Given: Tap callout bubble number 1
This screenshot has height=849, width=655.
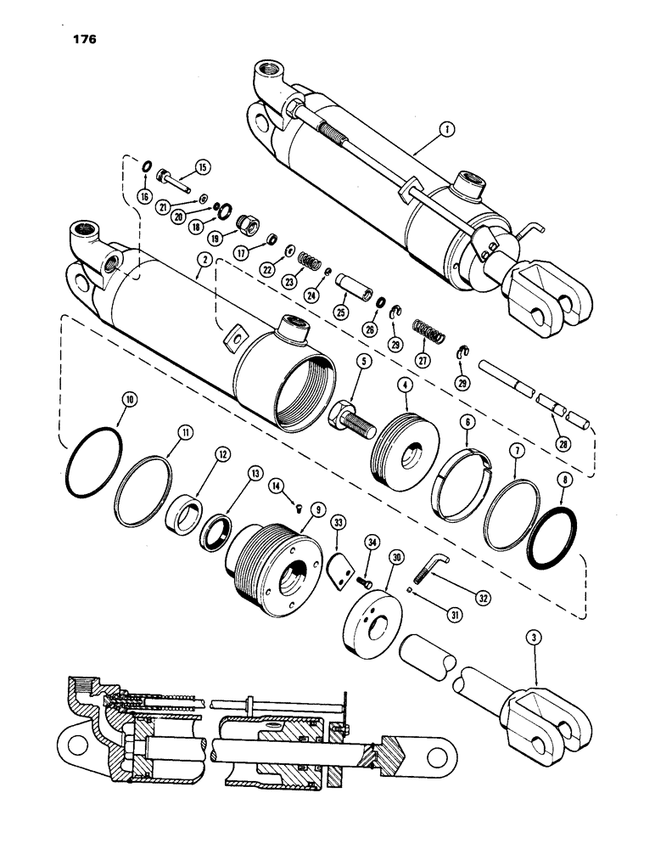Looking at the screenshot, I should [449, 130].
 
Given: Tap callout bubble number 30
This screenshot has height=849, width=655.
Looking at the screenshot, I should [395, 558].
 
